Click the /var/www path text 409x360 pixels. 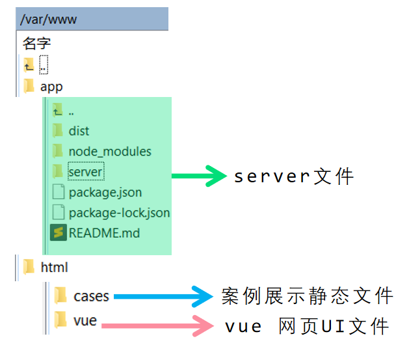(x=49, y=20)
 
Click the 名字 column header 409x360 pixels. (x=36, y=44)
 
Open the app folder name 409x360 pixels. (x=51, y=87)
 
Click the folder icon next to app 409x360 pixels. (x=29, y=86)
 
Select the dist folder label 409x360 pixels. (x=79, y=131)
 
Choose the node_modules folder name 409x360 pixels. (x=110, y=152)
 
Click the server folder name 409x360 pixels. (x=85, y=172)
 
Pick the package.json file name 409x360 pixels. (x=105, y=193)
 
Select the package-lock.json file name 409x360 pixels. (x=119, y=213)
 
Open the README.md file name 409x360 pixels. (x=104, y=232)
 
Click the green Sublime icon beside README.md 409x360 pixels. (x=59, y=232)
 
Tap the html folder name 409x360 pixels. (x=54, y=267)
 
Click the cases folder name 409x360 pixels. (x=91, y=296)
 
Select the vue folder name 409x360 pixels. (x=85, y=320)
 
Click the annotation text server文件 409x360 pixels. (x=295, y=176)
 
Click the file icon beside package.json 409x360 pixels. (x=59, y=192)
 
